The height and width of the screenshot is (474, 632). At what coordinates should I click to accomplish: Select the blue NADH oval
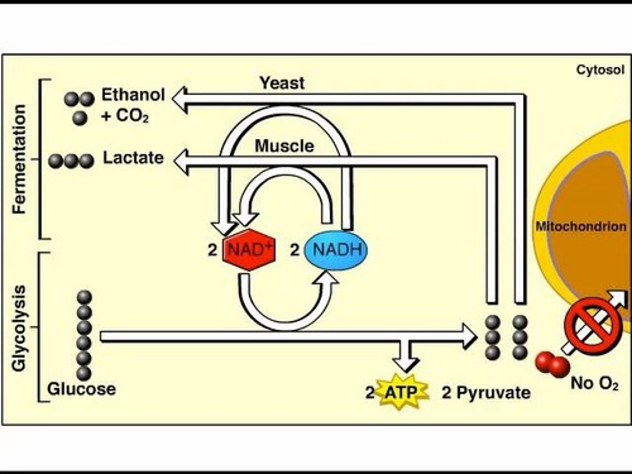tap(336, 250)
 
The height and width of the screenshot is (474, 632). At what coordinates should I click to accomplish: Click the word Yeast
tap(282, 83)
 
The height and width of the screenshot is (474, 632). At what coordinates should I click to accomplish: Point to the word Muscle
tap(284, 146)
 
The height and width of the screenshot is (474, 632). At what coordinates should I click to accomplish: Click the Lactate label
tap(133, 158)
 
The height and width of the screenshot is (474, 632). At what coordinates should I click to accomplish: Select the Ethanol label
tap(133, 95)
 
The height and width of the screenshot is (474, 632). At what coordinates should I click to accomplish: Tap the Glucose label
tap(82, 389)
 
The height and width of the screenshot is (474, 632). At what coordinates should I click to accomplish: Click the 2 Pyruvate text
tap(486, 392)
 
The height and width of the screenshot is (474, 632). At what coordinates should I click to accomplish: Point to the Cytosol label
tap(600, 70)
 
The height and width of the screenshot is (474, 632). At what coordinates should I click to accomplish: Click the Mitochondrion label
tap(581, 226)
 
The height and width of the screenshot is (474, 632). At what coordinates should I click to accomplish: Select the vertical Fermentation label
tap(20, 159)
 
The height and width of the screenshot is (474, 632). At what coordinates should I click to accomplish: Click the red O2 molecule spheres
tap(552, 363)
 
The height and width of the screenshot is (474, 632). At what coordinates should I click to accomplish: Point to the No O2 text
tap(594, 383)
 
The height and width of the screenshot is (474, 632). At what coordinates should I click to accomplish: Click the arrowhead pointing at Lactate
tap(181, 161)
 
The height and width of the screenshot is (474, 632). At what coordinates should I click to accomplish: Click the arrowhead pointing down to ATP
tap(405, 363)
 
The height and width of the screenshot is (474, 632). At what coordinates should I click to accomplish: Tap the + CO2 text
tap(125, 116)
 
